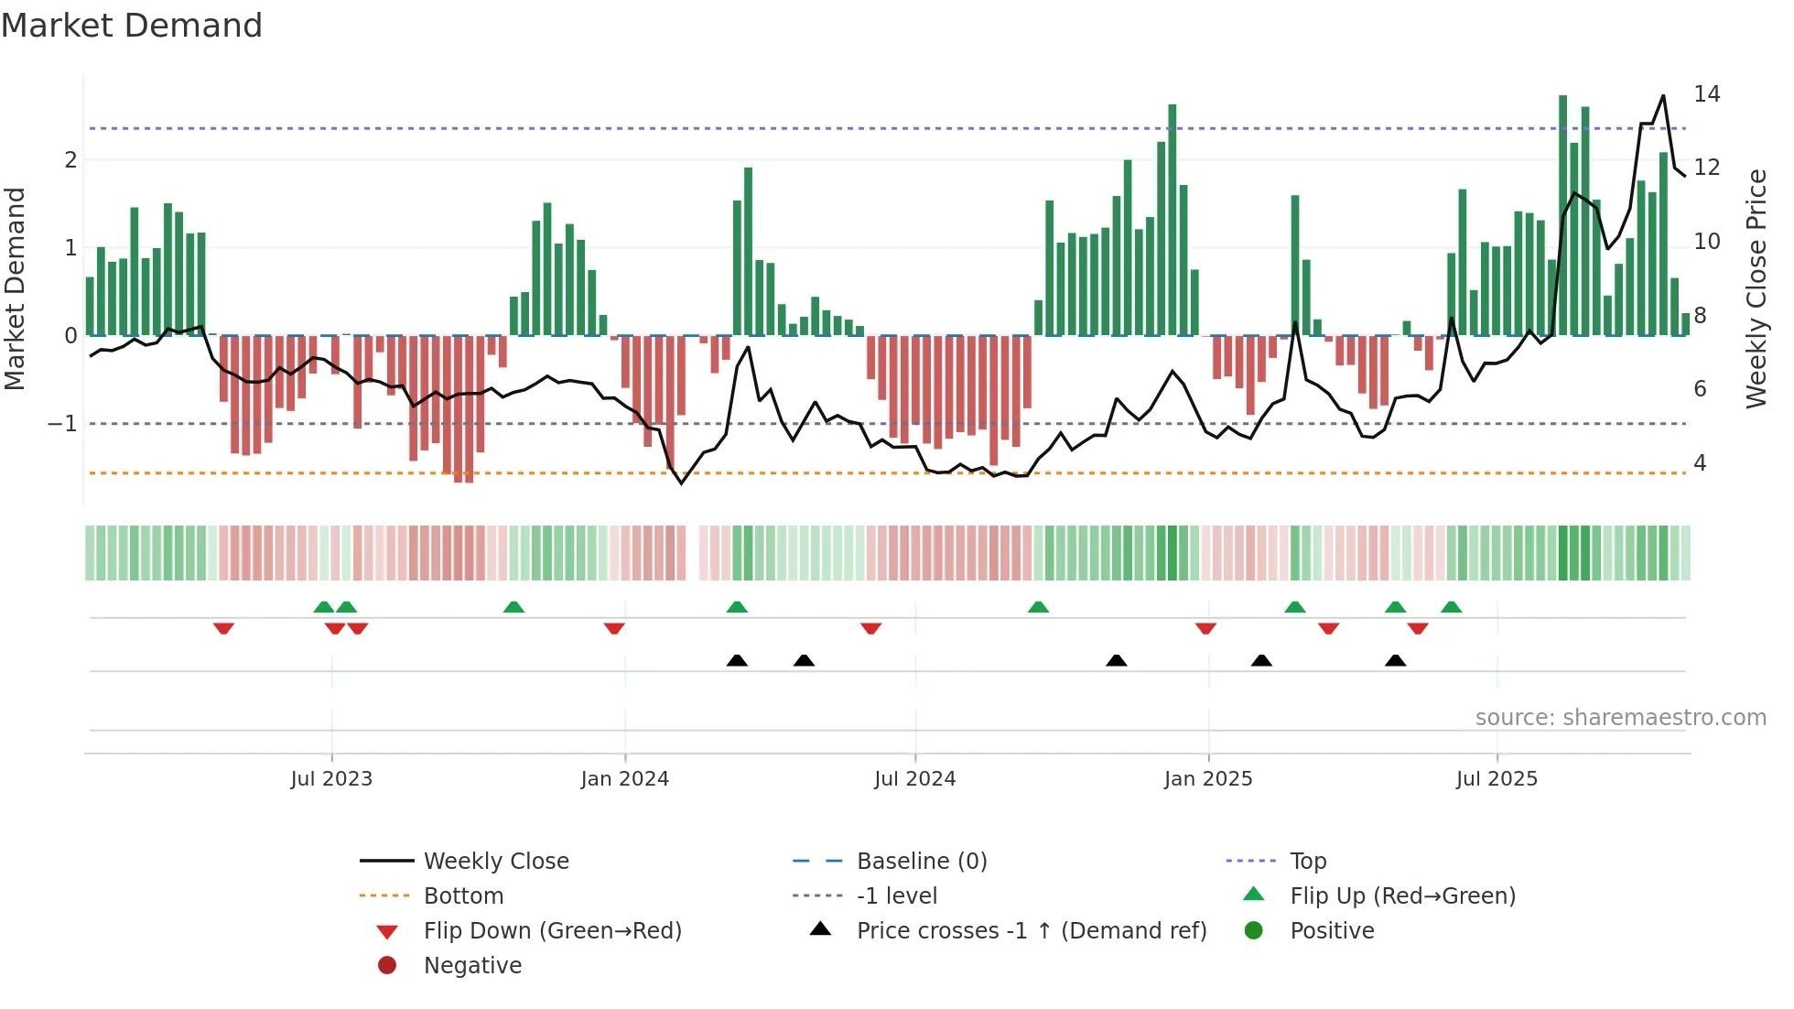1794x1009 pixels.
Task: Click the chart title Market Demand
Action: click(132, 26)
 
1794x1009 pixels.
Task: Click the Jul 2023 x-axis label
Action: click(331, 779)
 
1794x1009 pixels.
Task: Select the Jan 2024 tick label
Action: click(624, 779)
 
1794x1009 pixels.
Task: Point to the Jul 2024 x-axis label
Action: click(914, 779)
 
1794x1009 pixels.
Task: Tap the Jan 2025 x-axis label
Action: click(1207, 779)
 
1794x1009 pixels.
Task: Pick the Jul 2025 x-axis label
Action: click(1497, 779)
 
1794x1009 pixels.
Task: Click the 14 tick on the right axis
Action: click(1706, 94)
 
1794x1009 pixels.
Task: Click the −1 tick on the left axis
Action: click(62, 424)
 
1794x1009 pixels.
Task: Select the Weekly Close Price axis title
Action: click(1756, 288)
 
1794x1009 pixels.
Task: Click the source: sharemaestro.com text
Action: click(1620, 718)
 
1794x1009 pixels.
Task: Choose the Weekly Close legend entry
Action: click(495, 862)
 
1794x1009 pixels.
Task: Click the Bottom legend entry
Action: click(463, 896)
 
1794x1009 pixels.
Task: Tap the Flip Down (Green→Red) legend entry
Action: click(552, 931)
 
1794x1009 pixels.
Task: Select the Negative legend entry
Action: click(472, 966)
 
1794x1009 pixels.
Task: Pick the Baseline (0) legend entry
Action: click(921, 862)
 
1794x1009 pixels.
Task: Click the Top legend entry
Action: click(1307, 862)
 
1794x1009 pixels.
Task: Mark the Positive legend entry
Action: click(1332, 931)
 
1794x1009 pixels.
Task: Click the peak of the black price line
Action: click(1663, 96)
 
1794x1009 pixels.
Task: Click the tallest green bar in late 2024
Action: click(1172, 220)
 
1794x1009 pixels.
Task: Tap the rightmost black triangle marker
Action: click(1395, 661)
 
